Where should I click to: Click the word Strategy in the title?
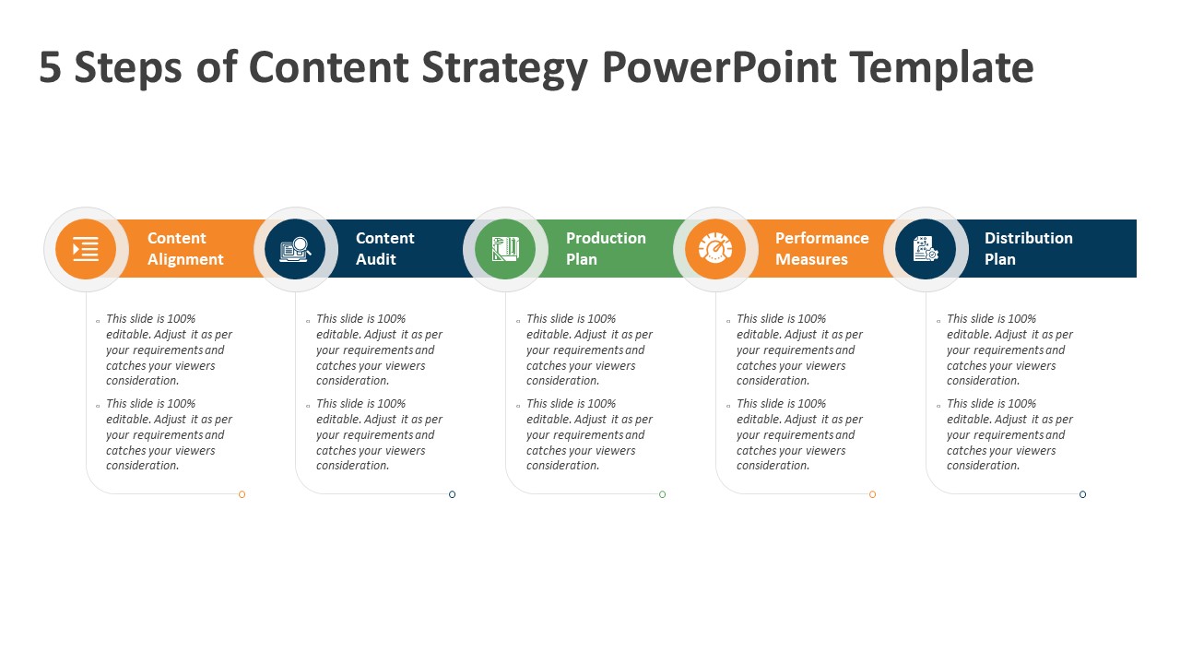(504, 68)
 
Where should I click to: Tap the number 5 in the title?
(50, 67)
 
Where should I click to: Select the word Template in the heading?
(941, 68)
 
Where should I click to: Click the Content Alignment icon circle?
(86, 249)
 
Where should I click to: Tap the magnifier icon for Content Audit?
(295, 249)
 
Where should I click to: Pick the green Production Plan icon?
(505, 249)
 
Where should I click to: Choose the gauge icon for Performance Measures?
(715, 249)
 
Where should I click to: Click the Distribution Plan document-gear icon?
(926, 249)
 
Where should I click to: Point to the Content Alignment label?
(185, 249)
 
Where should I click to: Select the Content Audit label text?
(385, 249)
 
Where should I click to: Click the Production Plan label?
(606, 249)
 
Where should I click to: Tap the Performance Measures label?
(821, 249)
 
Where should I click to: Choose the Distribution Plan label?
(1028, 249)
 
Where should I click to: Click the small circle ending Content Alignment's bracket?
(242, 494)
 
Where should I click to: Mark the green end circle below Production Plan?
(662, 494)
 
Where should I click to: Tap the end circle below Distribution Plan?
(1082, 494)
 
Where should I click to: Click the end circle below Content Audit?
(452, 494)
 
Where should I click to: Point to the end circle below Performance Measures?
(872, 494)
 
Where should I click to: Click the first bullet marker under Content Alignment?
(98, 321)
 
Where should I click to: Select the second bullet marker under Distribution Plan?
(938, 406)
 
